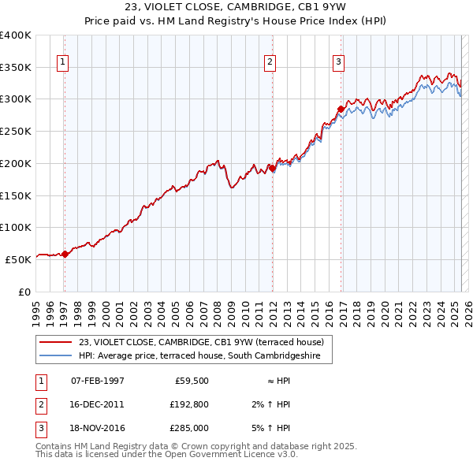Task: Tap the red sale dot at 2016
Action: (341, 108)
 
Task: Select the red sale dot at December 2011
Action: (272, 168)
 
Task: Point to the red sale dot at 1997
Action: (65, 253)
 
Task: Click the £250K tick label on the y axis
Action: (16, 132)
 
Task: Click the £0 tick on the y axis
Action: (24, 292)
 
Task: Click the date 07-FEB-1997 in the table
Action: (98, 381)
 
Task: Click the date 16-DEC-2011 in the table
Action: (98, 404)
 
